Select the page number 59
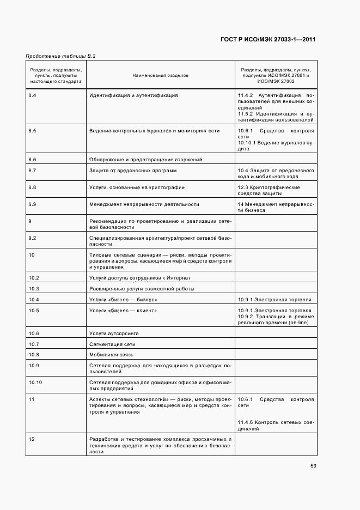(313, 465)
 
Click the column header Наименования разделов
(160, 75)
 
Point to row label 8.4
(32, 95)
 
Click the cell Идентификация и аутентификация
(133, 95)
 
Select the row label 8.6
(32, 160)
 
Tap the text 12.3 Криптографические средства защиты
(269, 190)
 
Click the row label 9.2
(32, 238)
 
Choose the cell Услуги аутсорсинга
(114, 333)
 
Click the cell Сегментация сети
(112, 344)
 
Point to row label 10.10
(35, 383)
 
